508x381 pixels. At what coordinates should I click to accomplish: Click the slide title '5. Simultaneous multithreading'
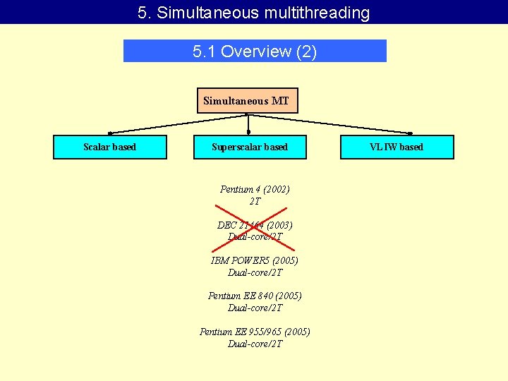pyautogui.click(x=254, y=13)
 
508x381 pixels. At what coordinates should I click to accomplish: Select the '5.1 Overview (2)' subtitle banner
pyautogui.click(x=255, y=51)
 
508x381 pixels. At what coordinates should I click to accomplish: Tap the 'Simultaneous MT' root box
pyautogui.click(x=246, y=101)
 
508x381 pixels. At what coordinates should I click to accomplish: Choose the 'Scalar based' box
pyautogui.click(x=110, y=147)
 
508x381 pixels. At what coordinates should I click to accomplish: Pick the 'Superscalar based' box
pyautogui.click(x=250, y=147)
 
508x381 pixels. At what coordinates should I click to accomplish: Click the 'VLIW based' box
pyautogui.click(x=397, y=147)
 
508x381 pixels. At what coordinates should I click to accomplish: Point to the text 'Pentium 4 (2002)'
pyautogui.click(x=255, y=189)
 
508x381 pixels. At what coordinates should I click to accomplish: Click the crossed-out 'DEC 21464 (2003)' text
pyautogui.click(x=255, y=225)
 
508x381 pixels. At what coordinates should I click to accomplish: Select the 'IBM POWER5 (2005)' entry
pyautogui.click(x=255, y=260)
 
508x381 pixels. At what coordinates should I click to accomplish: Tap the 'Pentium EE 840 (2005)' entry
pyautogui.click(x=255, y=296)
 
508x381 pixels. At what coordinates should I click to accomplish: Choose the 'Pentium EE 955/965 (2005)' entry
pyautogui.click(x=255, y=332)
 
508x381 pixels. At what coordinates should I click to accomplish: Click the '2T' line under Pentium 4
pyautogui.click(x=255, y=201)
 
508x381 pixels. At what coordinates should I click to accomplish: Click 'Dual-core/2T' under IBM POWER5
pyautogui.click(x=255, y=272)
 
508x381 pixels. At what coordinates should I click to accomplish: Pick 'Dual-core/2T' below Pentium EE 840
pyautogui.click(x=255, y=308)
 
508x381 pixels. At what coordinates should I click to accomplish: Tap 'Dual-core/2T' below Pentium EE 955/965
pyautogui.click(x=255, y=344)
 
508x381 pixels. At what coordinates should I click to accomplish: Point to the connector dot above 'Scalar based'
pyautogui.click(x=109, y=133)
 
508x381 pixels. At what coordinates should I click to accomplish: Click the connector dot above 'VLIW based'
pyautogui.click(x=411, y=133)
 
